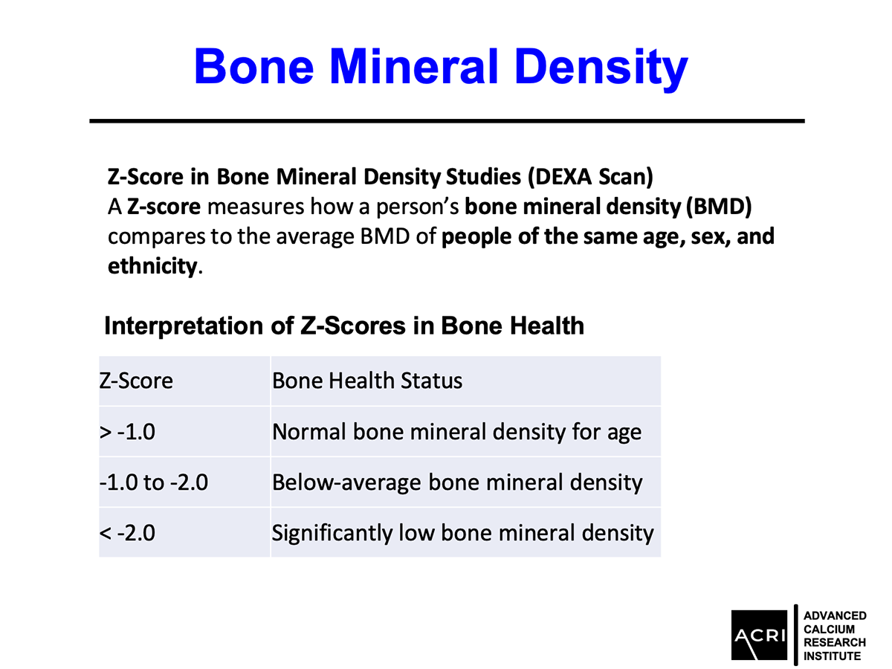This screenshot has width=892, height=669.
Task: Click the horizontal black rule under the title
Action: pos(447,120)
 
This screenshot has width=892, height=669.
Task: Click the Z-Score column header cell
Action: pos(136,381)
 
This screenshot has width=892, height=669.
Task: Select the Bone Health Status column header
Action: pos(367,381)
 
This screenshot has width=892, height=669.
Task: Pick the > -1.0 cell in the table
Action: pos(127,432)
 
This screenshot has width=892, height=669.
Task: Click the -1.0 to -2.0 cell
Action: pos(154,482)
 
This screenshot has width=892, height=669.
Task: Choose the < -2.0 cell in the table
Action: pos(127,533)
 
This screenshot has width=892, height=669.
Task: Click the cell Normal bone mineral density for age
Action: pos(456,432)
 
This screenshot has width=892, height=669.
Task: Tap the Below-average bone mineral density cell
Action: pos(457,482)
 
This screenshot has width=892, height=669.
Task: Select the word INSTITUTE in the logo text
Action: pos(833,656)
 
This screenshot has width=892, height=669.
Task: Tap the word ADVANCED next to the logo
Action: pos(835,615)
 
